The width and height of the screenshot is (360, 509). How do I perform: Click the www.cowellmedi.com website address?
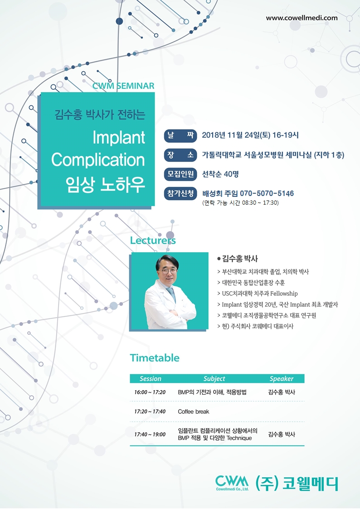tap(302, 18)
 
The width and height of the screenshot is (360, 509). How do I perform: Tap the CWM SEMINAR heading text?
tap(123, 86)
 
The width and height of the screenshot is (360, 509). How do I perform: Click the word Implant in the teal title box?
tap(119, 137)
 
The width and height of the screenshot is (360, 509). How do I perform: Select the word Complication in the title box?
tap(98, 160)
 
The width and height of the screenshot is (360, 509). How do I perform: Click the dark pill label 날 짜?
tap(180, 135)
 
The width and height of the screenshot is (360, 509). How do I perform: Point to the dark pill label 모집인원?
tap(180, 174)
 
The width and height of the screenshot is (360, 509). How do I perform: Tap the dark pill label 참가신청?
tap(180, 193)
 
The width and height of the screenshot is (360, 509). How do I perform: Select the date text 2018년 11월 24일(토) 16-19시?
tap(250, 135)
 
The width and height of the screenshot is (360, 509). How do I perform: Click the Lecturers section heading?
tap(153, 240)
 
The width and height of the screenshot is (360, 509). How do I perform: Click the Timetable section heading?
tap(155, 357)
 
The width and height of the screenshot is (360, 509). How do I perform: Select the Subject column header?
tap(214, 378)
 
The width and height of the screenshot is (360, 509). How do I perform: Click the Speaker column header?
tap(282, 378)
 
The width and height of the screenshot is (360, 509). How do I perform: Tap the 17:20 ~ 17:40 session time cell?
tap(150, 411)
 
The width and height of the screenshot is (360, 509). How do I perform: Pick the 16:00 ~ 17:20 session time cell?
tap(150, 392)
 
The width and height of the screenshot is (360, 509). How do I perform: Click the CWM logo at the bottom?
tap(232, 482)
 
